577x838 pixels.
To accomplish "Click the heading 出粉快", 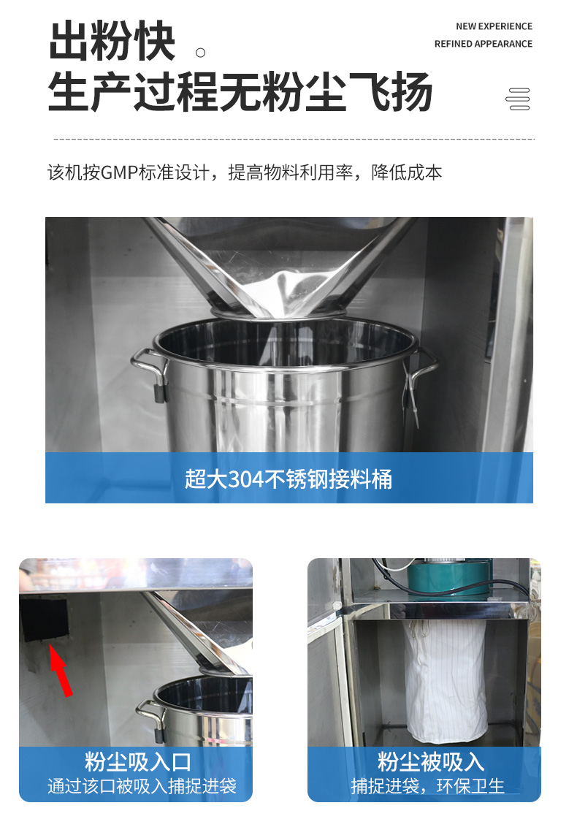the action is [112, 41].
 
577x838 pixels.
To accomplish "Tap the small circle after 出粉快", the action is [200, 53].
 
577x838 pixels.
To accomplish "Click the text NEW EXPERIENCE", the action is [494, 26].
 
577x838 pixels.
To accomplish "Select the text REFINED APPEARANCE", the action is [483, 44].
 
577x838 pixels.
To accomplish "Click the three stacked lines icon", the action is [518, 99].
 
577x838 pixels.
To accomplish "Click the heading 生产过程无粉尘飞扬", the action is [240, 91].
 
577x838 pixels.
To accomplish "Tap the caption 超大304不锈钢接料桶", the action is [288, 479].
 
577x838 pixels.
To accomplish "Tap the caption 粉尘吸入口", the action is [138, 761].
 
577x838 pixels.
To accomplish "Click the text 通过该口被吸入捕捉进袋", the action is [142, 786].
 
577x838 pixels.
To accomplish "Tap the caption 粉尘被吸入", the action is [431, 761].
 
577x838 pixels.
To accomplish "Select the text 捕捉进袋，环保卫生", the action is [428, 786].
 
